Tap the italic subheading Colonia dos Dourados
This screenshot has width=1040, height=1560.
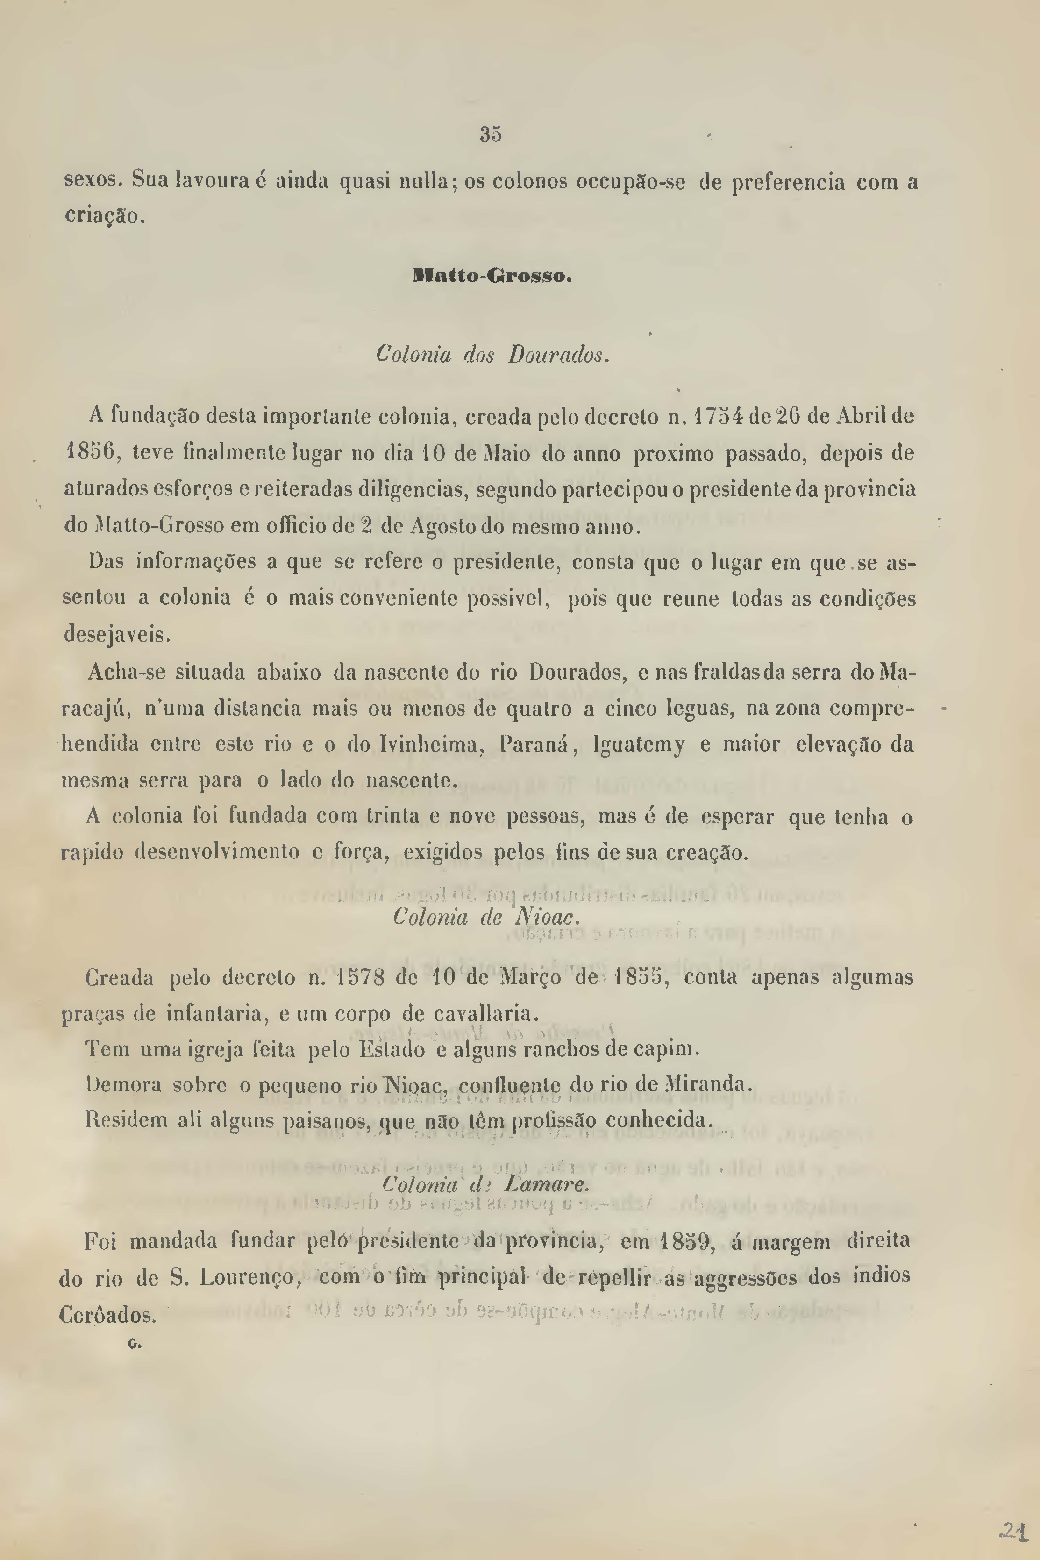pos(492,355)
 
